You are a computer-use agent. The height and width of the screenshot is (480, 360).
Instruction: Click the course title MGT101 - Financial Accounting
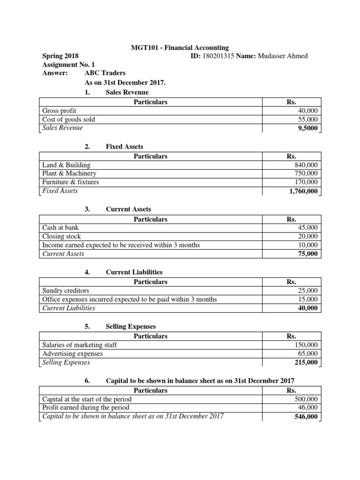point(179,47)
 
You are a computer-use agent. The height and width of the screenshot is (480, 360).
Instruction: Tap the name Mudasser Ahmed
point(285,56)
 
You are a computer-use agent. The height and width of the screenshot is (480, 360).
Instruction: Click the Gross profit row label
point(59,111)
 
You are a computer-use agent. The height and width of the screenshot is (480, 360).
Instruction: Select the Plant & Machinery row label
point(69,173)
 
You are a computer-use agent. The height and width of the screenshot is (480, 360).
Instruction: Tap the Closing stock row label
point(61,237)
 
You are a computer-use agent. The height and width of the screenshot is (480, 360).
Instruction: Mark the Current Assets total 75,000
point(307,254)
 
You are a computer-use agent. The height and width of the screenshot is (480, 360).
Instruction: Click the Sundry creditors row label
point(66,291)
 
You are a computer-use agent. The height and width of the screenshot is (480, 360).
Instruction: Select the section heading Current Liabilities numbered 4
point(134,272)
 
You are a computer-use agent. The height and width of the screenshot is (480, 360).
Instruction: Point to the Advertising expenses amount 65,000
point(307,354)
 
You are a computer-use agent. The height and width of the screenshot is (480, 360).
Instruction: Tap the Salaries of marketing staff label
point(79,345)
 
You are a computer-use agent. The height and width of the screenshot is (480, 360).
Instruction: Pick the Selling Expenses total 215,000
point(306,362)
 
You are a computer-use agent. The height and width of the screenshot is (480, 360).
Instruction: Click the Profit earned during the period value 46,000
point(307,408)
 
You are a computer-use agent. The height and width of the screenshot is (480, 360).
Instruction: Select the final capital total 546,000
point(306,417)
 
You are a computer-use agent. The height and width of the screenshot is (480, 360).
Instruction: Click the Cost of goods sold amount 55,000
point(307,120)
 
